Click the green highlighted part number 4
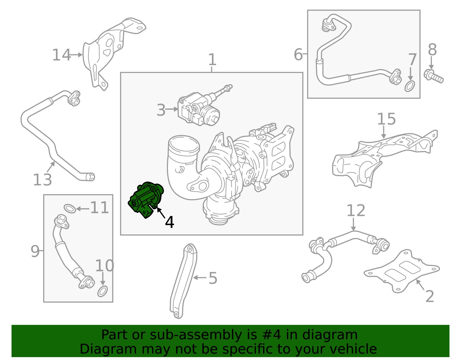(x=146, y=199)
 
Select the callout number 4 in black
(x=169, y=223)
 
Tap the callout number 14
(x=61, y=55)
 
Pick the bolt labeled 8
(x=434, y=76)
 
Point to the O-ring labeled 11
(x=69, y=208)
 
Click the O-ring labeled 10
(x=103, y=291)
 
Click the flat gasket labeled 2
(x=402, y=271)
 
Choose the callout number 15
(x=386, y=119)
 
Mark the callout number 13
(x=42, y=180)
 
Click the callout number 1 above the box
(x=212, y=60)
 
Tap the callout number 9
(x=35, y=251)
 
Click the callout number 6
(x=298, y=54)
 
